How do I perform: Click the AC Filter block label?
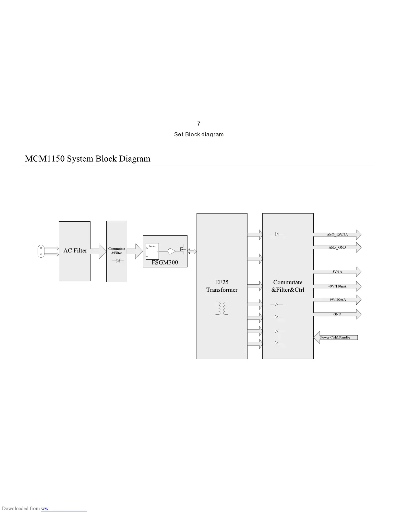pos(75,251)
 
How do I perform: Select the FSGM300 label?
pos(165,262)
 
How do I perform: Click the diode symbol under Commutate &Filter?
pos(118,261)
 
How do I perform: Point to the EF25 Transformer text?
pos(222,286)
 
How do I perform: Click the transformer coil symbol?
pos(222,308)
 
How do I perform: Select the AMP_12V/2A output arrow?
pos(337,235)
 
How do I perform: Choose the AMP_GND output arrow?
pos(337,247)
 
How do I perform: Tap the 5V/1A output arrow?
pos(337,272)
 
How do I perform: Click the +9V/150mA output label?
pos(337,286)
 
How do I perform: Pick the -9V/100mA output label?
pos(337,300)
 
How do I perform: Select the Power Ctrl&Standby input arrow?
pos(335,337)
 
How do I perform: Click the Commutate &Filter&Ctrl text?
pos(288,286)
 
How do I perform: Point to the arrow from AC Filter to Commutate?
pos(98,251)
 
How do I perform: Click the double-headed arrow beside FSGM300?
pos(192,251)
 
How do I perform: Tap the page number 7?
pos(199,124)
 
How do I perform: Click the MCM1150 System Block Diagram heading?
pos(88,159)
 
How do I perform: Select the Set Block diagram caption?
pos(199,134)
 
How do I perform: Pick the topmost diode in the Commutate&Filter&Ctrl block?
pos(277,234)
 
